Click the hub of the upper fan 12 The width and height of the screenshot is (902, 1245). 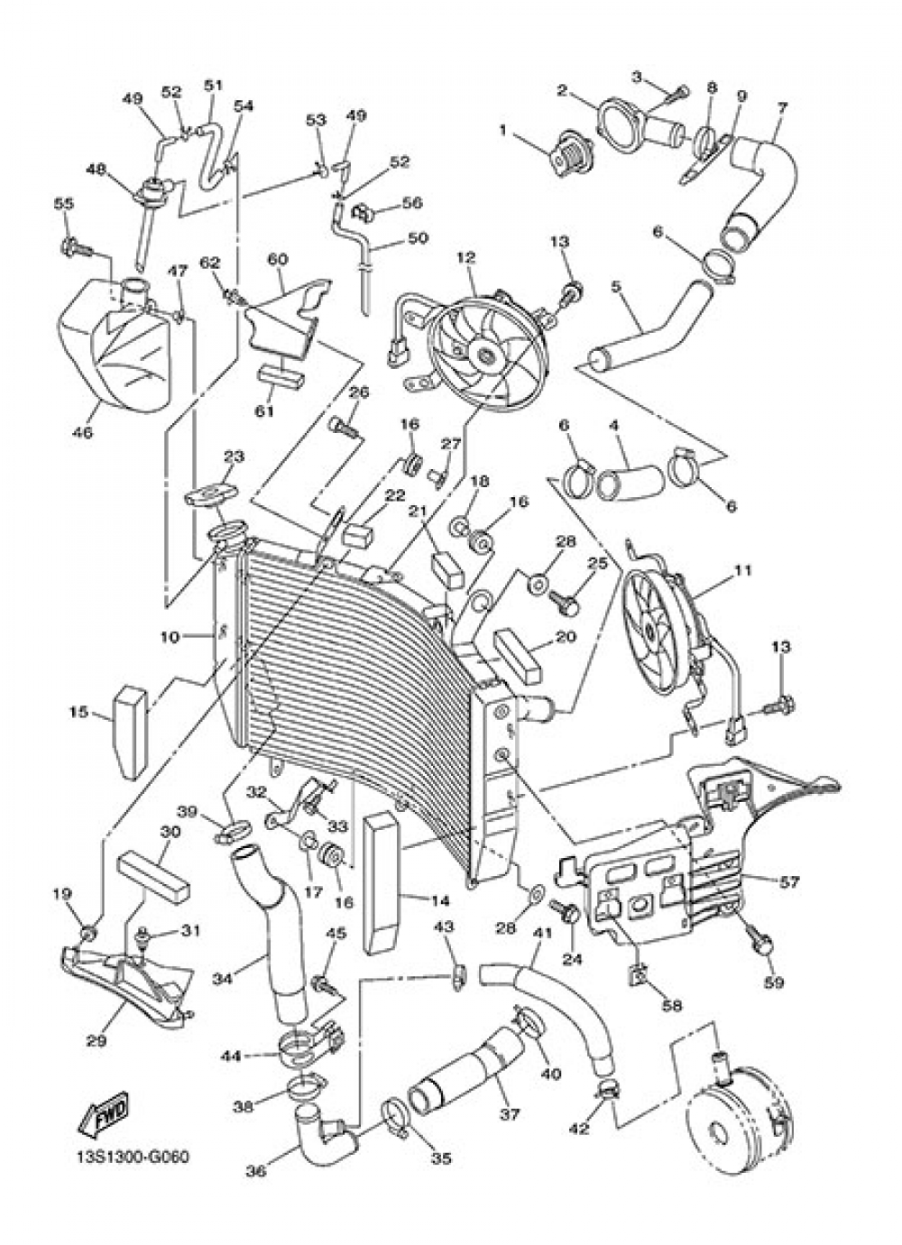487,355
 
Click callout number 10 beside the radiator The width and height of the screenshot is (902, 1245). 171,637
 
